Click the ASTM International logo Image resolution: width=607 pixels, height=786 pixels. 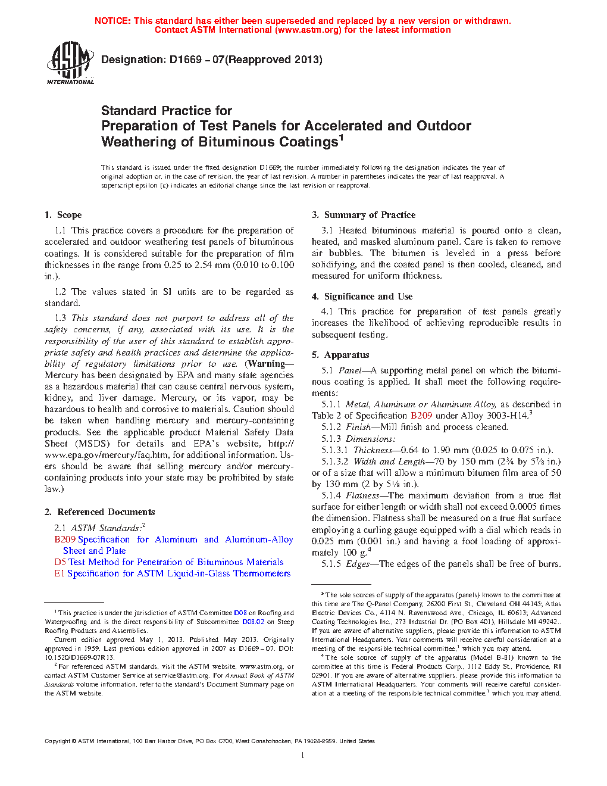pos(70,63)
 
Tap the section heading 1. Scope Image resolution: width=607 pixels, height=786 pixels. pos(63,215)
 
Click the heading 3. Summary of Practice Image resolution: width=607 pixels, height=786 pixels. pos(364,215)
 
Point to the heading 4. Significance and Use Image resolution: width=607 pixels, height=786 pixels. pos(362,297)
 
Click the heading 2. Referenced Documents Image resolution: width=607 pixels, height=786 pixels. pos(99,512)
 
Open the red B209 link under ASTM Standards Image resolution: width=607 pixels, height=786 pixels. pos(65,539)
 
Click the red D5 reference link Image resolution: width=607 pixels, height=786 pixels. pos(60,562)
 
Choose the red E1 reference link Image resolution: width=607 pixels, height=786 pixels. pos(59,573)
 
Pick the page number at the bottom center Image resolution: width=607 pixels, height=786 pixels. pos(303,756)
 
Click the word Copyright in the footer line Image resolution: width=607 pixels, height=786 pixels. pos(57,741)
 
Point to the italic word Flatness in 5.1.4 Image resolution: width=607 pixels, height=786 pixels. pos(362,495)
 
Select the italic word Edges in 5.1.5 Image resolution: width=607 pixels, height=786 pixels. pos(358,564)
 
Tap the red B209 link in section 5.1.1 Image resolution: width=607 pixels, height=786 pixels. pos(421,416)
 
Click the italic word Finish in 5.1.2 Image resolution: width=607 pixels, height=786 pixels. pos(359,427)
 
